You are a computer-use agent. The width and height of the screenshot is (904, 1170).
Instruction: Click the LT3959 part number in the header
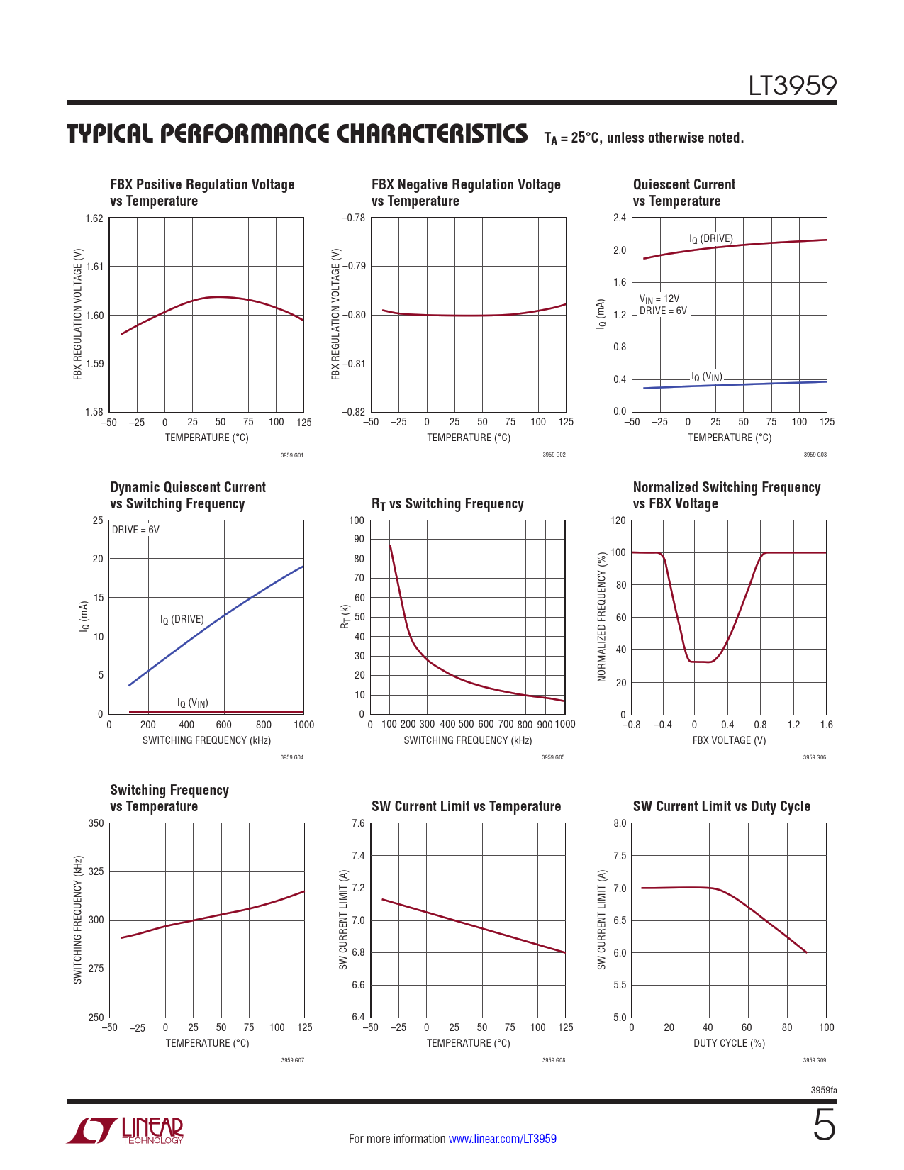[793, 86]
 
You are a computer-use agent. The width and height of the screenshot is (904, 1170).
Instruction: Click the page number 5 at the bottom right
[824, 1125]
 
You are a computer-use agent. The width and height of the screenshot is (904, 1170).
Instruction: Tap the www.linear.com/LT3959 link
[502, 1139]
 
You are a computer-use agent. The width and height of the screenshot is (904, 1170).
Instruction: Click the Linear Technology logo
[125, 1130]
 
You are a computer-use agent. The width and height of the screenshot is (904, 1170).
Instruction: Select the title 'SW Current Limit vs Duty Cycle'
[721, 806]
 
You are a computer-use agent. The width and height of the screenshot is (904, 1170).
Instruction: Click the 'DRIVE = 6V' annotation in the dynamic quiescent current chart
[135, 530]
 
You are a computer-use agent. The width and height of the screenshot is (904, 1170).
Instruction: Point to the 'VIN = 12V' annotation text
[659, 299]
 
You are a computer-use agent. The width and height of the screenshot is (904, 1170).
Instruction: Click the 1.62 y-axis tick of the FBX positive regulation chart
[94, 218]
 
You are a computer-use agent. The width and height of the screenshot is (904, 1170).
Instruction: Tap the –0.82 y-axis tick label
[353, 412]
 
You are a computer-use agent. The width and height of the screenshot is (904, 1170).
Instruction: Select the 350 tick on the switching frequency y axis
[96, 823]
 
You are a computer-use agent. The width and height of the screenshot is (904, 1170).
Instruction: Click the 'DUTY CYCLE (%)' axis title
[729, 1043]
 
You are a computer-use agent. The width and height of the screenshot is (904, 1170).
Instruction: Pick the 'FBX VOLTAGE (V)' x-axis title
[729, 740]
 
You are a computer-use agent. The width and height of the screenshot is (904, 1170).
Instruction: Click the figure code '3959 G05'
[553, 757]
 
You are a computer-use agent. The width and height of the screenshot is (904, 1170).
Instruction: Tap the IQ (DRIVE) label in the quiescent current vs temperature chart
[711, 239]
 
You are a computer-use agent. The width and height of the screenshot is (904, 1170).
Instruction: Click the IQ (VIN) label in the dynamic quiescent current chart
[192, 703]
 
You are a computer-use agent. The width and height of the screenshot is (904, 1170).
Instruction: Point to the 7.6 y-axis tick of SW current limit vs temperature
[358, 823]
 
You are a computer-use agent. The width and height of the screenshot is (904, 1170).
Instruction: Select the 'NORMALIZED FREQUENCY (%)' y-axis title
[602, 617]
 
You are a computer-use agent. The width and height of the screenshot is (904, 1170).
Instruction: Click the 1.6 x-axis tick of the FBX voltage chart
[826, 725]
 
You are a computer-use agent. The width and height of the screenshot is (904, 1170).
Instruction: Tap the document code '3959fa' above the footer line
[824, 1090]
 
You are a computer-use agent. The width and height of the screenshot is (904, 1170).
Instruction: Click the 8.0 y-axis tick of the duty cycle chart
[620, 823]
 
